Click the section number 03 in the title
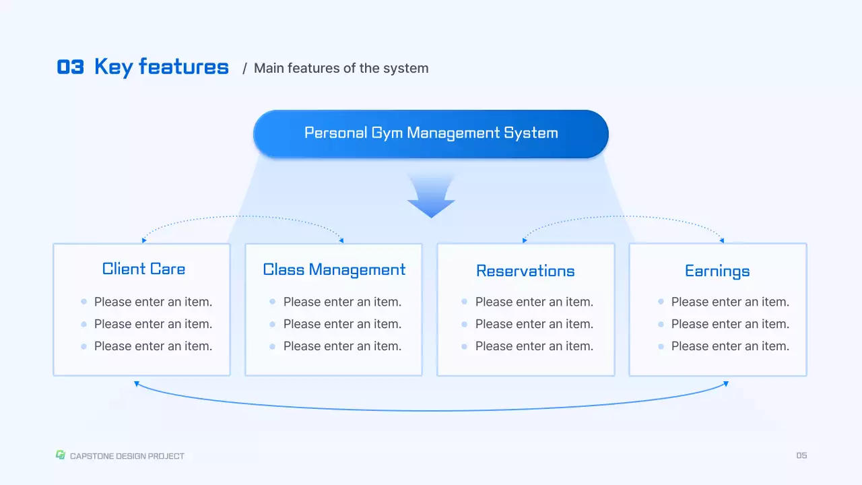pyautogui.click(x=71, y=67)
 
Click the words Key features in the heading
pyautogui.click(x=162, y=67)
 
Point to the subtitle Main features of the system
pyautogui.click(x=341, y=68)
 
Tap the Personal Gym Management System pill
pyautogui.click(x=431, y=133)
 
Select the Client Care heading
pyautogui.click(x=143, y=269)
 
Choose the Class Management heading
pyautogui.click(x=334, y=270)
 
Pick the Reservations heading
pyautogui.click(x=525, y=271)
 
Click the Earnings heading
pyautogui.click(x=717, y=271)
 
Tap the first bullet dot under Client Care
pyautogui.click(x=84, y=302)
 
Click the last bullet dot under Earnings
pyautogui.click(x=661, y=346)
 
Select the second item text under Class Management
pyautogui.click(x=342, y=324)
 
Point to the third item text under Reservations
pyautogui.click(x=534, y=346)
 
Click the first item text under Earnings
pyautogui.click(x=730, y=302)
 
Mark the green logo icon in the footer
pyautogui.click(x=60, y=455)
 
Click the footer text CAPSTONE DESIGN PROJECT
pyautogui.click(x=127, y=456)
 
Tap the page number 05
pyautogui.click(x=801, y=456)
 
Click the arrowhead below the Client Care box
pyautogui.click(x=137, y=383)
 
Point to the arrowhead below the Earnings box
pyautogui.click(x=726, y=383)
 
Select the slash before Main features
pyautogui.click(x=245, y=68)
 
